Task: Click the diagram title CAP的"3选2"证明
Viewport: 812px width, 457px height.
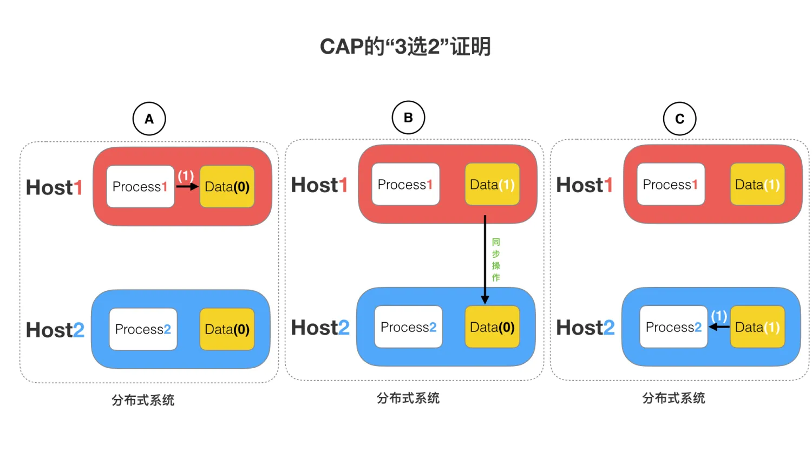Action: point(405,47)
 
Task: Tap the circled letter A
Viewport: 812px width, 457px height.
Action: point(149,119)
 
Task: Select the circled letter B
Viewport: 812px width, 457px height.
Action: point(408,117)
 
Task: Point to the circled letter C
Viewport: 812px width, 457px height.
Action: point(680,119)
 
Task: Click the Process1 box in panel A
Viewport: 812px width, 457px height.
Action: point(140,186)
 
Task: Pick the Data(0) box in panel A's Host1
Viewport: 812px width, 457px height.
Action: point(227,186)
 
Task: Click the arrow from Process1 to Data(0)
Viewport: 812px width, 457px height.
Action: point(187,186)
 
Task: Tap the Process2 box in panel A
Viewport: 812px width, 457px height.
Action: point(143,329)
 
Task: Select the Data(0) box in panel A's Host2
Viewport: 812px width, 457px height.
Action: point(227,329)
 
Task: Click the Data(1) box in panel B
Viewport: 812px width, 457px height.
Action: point(492,184)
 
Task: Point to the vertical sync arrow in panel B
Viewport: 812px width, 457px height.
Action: point(485,260)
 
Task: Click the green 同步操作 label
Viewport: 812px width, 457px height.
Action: point(496,260)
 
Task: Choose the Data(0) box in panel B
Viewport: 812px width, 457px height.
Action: point(492,327)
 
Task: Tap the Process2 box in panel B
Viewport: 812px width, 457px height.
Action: point(408,327)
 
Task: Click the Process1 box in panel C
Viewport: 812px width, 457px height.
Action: point(671,184)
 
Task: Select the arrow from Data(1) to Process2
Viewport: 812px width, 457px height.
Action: point(719,327)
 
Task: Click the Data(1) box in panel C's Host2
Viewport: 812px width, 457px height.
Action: point(758,327)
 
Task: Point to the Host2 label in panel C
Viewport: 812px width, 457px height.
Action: point(585,328)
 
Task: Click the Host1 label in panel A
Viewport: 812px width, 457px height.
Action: point(54,187)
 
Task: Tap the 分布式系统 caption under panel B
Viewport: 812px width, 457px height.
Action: point(408,398)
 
